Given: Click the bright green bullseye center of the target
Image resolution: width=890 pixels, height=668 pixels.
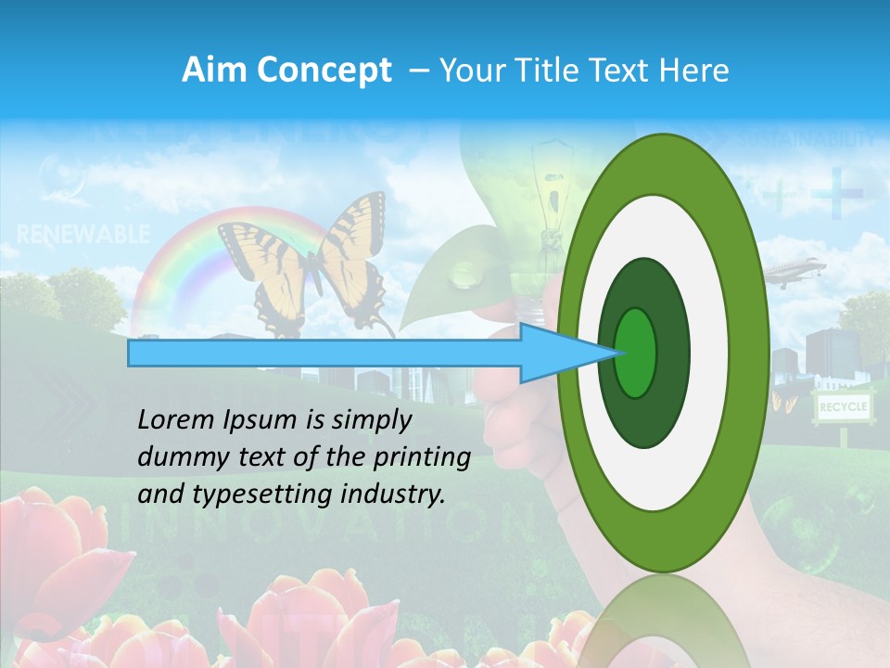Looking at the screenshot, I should pos(635,353).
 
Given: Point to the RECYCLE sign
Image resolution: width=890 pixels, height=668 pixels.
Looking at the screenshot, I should pos(842,406).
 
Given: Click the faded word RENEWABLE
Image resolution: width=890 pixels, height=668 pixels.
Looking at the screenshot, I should pos(83,235).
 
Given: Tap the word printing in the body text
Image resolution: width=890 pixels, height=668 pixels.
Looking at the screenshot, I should pos(427,457).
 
